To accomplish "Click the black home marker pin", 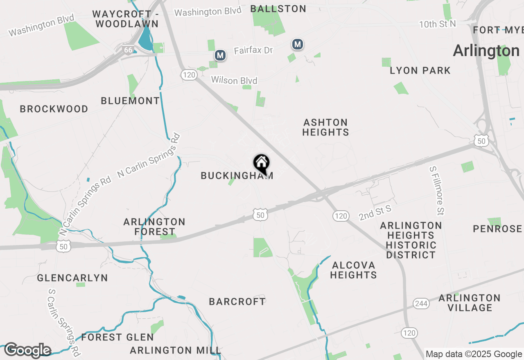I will tap(261, 163).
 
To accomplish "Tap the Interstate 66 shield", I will tap(128, 50).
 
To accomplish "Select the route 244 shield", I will tap(421, 303).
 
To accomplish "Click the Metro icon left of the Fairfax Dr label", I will tap(220, 55).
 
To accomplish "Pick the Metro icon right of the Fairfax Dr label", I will tap(298, 44).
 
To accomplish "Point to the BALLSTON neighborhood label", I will tap(278, 9).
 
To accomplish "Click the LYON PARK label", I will tap(420, 70).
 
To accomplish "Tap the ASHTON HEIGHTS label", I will tap(326, 127).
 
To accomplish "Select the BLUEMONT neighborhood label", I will tap(130, 101).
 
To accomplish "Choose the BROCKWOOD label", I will tap(54, 109).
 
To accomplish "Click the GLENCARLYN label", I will tap(72, 278).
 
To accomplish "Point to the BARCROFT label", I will tap(237, 301).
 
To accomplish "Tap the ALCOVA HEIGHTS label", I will tap(353, 270).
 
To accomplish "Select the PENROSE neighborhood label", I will tap(497, 229).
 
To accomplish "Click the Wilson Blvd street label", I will tap(234, 80).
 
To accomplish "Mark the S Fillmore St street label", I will tap(437, 190).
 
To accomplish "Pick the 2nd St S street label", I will tap(375, 213).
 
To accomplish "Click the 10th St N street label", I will tap(437, 24).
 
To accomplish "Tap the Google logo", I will tap(27, 350).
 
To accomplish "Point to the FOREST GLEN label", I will tap(117, 337).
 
